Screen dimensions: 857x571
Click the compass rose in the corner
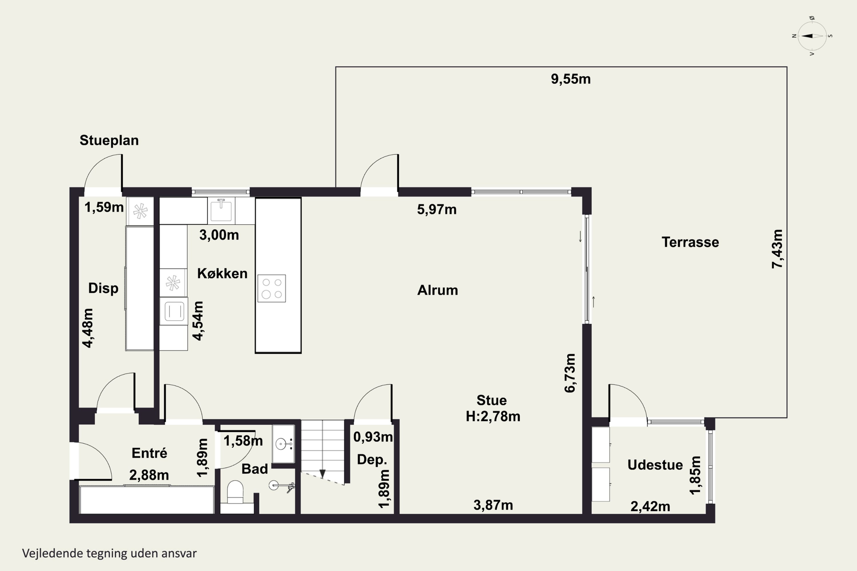[x=812, y=36]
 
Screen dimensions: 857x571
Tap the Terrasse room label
[x=690, y=242]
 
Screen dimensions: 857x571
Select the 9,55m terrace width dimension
[x=570, y=79]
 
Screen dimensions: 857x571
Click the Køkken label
[x=222, y=273]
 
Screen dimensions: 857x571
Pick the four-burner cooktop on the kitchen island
[x=271, y=288]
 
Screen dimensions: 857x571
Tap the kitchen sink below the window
[x=221, y=210]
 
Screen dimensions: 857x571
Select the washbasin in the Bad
[x=283, y=444]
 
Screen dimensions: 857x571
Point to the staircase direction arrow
[x=323, y=473]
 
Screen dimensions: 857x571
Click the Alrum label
[x=437, y=290]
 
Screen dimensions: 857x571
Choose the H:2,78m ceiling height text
[x=493, y=416]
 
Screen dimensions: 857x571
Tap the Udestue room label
[x=655, y=465]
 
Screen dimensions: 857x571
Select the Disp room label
[x=103, y=288]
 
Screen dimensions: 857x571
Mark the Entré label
[x=149, y=453]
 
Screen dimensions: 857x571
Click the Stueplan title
[x=109, y=140]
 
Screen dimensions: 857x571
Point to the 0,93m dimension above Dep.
[x=373, y=437]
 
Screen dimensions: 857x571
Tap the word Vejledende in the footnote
[x=53, y=554]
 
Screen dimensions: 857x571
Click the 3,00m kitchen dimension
[x=219, y=235]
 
